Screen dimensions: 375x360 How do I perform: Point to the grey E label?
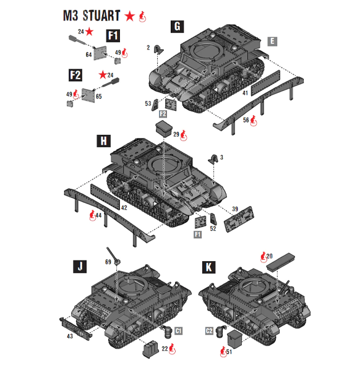pyautogui.click(x=272, y=41)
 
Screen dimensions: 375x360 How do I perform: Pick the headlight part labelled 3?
pyautogui.click(x=212, y=159)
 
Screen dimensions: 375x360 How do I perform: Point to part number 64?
pyautogui.click(x=88, y=56)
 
